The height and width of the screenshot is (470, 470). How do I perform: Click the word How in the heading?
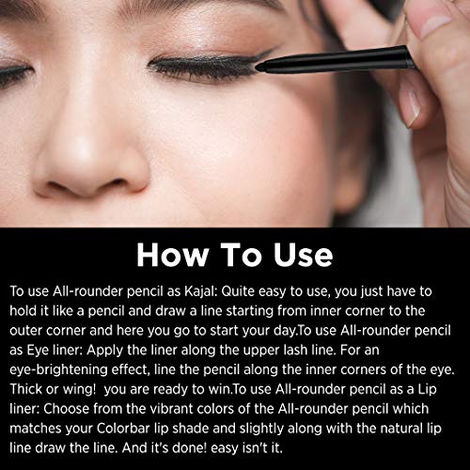[173, 255]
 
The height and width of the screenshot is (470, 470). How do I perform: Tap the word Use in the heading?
[303, 255]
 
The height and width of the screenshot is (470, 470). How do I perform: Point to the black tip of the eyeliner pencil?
[258, 66]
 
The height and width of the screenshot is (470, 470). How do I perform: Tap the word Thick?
[25, 389]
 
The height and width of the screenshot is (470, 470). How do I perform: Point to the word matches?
[36, 429]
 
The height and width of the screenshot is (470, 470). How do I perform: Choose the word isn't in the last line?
[254, 447]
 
